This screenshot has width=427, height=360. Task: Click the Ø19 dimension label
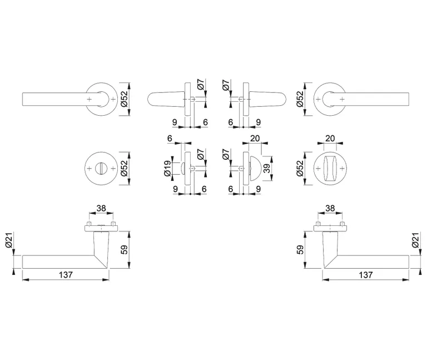pos(167,169)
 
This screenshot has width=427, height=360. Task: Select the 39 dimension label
pos(267,169)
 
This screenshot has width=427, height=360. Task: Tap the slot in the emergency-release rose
pos(101,169)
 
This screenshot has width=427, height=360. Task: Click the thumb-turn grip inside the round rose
pos(330,169)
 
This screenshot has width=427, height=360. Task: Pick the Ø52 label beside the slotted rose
pos(124,169)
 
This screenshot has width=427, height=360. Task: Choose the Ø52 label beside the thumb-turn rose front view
pos(300,169)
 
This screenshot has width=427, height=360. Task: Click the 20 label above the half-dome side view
pos(255,139)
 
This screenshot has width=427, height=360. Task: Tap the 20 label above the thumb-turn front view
pos(330,139)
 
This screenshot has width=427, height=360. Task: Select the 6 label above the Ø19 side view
pos(170,139)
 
